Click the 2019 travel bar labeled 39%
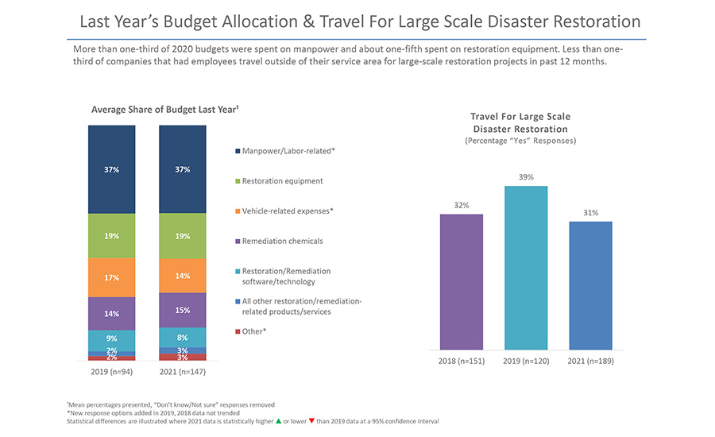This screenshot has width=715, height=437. [x=525, y=268]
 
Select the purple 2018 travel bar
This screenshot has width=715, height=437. [x=461, y=282]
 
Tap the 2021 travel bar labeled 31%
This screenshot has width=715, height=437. [x=590, y=285]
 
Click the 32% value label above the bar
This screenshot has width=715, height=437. [x=461, y=205]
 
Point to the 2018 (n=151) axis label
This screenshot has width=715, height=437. [x=461, y=362]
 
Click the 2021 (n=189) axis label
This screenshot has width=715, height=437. [x=590, y=362]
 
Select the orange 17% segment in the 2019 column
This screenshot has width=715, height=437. [x=111, y=277]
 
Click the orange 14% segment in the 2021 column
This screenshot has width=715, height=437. [x=182, y=275]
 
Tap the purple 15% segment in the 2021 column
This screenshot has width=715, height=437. [x=182, y=310]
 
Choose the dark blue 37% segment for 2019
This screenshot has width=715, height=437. [x=111, y=169]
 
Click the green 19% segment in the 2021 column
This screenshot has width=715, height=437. [x=182, y=236]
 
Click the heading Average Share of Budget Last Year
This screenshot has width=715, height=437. [x=147, y=109]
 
